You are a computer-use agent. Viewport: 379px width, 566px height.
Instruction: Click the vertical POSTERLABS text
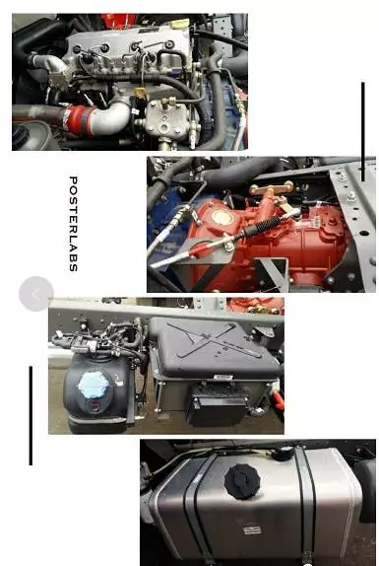[73, 224]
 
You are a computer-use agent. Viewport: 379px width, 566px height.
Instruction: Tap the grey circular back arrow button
[36, 294]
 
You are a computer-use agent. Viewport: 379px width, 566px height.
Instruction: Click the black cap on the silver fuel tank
[242, 481]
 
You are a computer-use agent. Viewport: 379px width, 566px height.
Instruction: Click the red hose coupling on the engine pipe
[80, 119]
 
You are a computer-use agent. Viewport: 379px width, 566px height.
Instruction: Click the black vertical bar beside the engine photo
[363, 131]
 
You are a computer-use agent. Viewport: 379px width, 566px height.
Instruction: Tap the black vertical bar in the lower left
[31, 415]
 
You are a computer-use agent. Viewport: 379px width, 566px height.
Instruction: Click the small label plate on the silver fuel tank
[252, 531]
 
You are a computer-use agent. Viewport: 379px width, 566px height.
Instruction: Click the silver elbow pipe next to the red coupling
[111, 115]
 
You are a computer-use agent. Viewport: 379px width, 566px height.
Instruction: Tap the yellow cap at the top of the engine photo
[180, 25]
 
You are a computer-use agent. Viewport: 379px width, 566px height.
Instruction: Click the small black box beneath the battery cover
[217, 405]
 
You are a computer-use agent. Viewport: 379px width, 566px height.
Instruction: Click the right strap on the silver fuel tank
[305, 505]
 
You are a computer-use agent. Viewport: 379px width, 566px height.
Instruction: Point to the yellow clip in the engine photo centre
[141, 93]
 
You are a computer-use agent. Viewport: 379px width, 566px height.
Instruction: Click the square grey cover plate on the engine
[166, 119]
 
